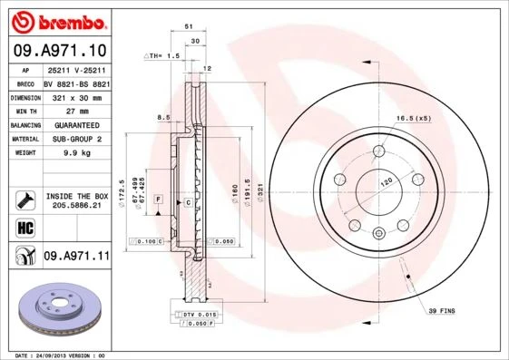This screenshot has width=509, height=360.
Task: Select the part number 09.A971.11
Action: (76, 257)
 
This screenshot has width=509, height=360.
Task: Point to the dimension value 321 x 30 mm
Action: (76, 96)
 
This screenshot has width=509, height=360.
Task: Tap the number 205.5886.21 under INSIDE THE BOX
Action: (76, 207)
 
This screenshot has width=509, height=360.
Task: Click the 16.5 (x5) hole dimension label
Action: (414, 119)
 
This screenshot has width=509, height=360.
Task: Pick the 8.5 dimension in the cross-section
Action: (162, 117)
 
